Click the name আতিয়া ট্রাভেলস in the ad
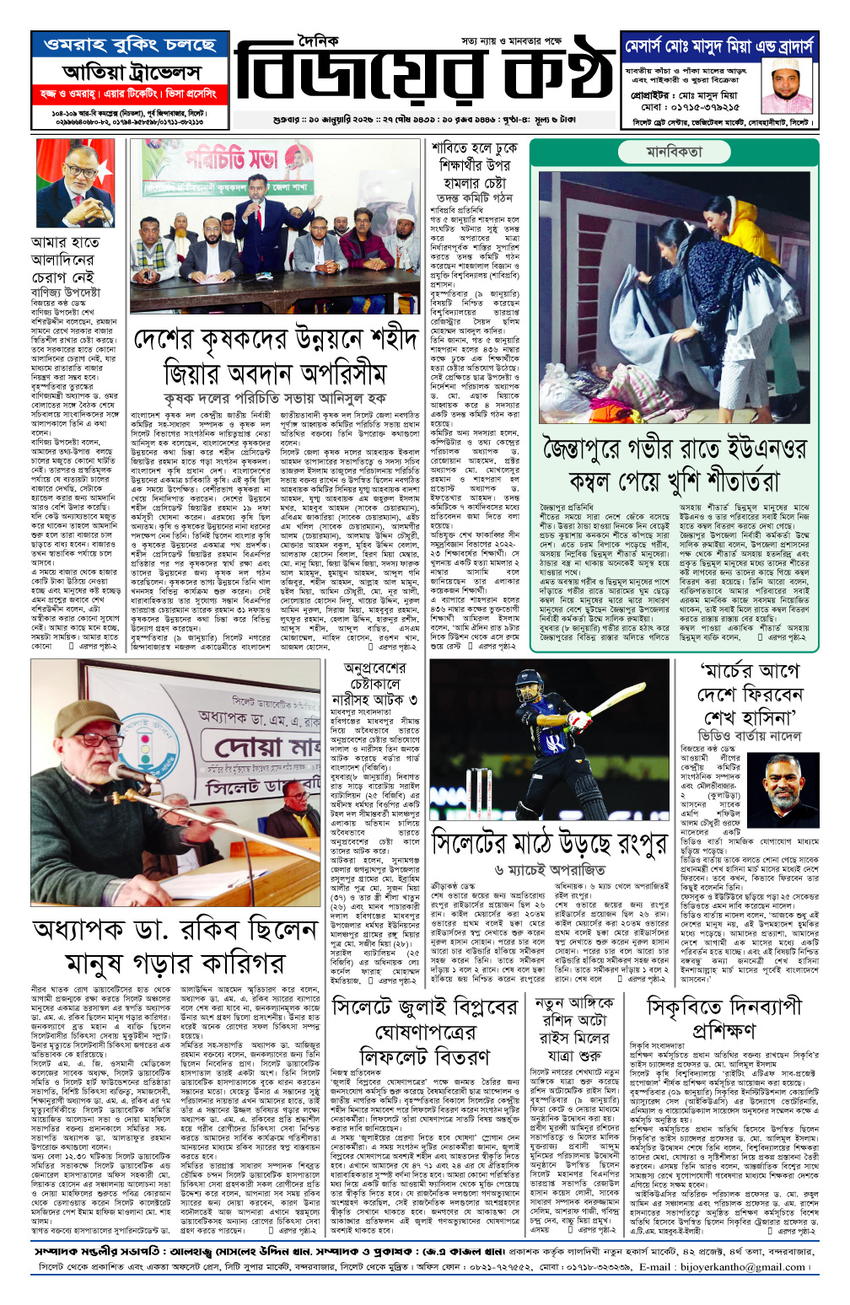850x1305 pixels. (x=131, y=72)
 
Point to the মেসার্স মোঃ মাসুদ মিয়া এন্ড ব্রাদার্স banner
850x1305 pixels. (x=719, y=46)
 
